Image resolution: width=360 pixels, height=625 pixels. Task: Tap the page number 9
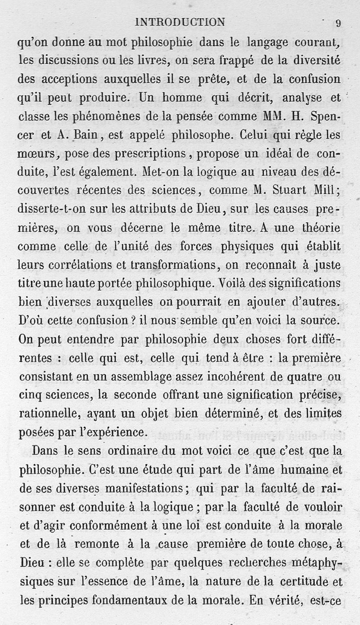[338, 23]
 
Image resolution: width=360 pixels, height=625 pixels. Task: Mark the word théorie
[319, 228]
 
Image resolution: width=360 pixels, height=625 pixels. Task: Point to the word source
[319, 321]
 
